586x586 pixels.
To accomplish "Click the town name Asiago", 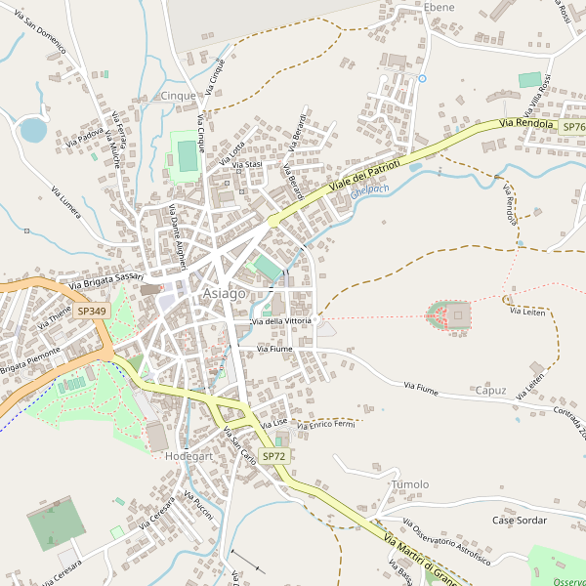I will click(x=224, y=294).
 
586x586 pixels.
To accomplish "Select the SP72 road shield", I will click(x=274, y=456).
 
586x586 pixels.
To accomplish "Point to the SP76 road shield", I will click(x=573, y=127).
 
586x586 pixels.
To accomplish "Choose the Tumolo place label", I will click(x=409, y=484).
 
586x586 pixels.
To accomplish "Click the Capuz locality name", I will click(x=490, y=391).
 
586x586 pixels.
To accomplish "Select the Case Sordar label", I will click(x=520, y=521).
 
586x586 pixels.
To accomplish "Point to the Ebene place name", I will click(x=439, y=7).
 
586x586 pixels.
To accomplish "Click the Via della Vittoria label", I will click(x=282, y=321).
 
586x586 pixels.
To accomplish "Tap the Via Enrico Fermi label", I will click(x=330, y=425).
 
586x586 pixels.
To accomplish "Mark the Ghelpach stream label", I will click(x=370, y=188).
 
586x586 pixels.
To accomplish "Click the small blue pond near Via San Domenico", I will click(x=32, y=129).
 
